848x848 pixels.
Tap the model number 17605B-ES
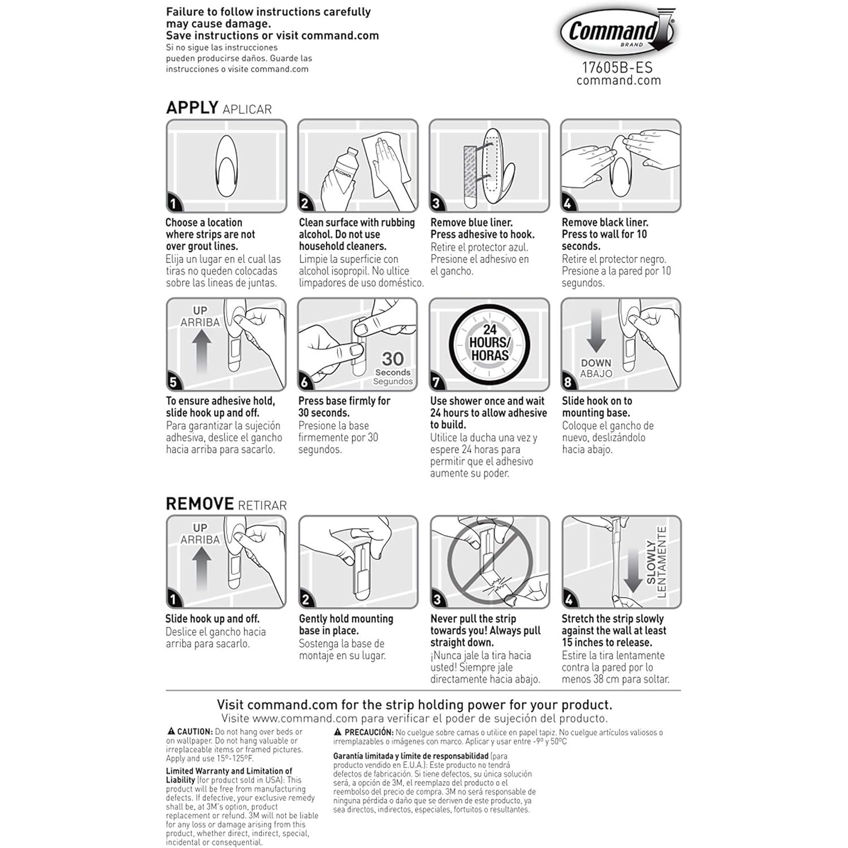tap(617, 67)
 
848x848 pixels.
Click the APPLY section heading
tap(192, 107)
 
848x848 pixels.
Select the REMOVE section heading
tap(200, 504)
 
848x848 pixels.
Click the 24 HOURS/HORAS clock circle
tap(489, 344)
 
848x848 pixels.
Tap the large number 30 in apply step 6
tap(392, 358)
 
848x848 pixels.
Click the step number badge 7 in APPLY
tap(436, 382)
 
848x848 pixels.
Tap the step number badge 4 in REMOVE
tap(569, 599)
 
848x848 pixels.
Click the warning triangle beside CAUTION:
tap(171, 732)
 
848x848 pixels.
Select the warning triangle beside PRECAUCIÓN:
tap(338, 732)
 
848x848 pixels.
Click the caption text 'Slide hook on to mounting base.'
tap(596, 406)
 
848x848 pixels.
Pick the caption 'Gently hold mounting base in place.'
tap(345, 624)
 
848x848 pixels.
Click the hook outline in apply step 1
tap(226, 166)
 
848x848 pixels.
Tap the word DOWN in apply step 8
tap(596, 363)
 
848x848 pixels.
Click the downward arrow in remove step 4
tap(633, 571)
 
